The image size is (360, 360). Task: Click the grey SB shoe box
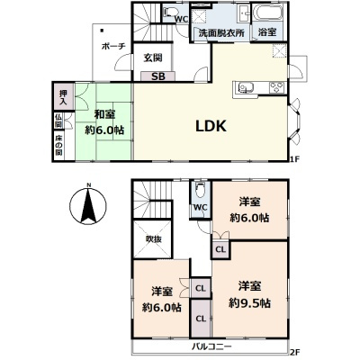[157, 76]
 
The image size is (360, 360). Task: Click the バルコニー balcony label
[211, 346]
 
